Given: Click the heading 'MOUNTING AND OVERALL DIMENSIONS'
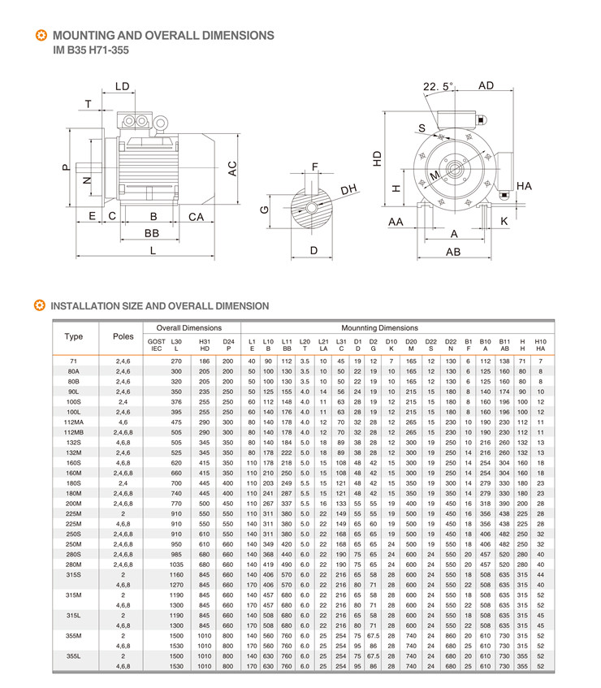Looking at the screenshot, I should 162,36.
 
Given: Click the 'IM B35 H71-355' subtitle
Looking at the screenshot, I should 90,50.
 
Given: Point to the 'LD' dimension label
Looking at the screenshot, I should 123,86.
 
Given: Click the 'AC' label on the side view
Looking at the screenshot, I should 232,169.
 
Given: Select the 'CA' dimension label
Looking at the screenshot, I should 196,217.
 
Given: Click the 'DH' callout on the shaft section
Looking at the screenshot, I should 349,189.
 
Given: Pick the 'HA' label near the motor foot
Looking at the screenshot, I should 524,187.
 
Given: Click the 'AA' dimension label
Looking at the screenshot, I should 396,221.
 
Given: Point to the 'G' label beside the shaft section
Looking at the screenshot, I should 264,209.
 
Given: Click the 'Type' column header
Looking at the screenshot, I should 74,336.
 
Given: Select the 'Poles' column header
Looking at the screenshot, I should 123,336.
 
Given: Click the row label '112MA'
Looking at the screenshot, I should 74,422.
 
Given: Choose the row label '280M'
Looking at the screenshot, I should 74,564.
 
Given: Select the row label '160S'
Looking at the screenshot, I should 74,461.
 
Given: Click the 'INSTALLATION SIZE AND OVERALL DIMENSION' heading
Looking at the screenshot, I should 159,306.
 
